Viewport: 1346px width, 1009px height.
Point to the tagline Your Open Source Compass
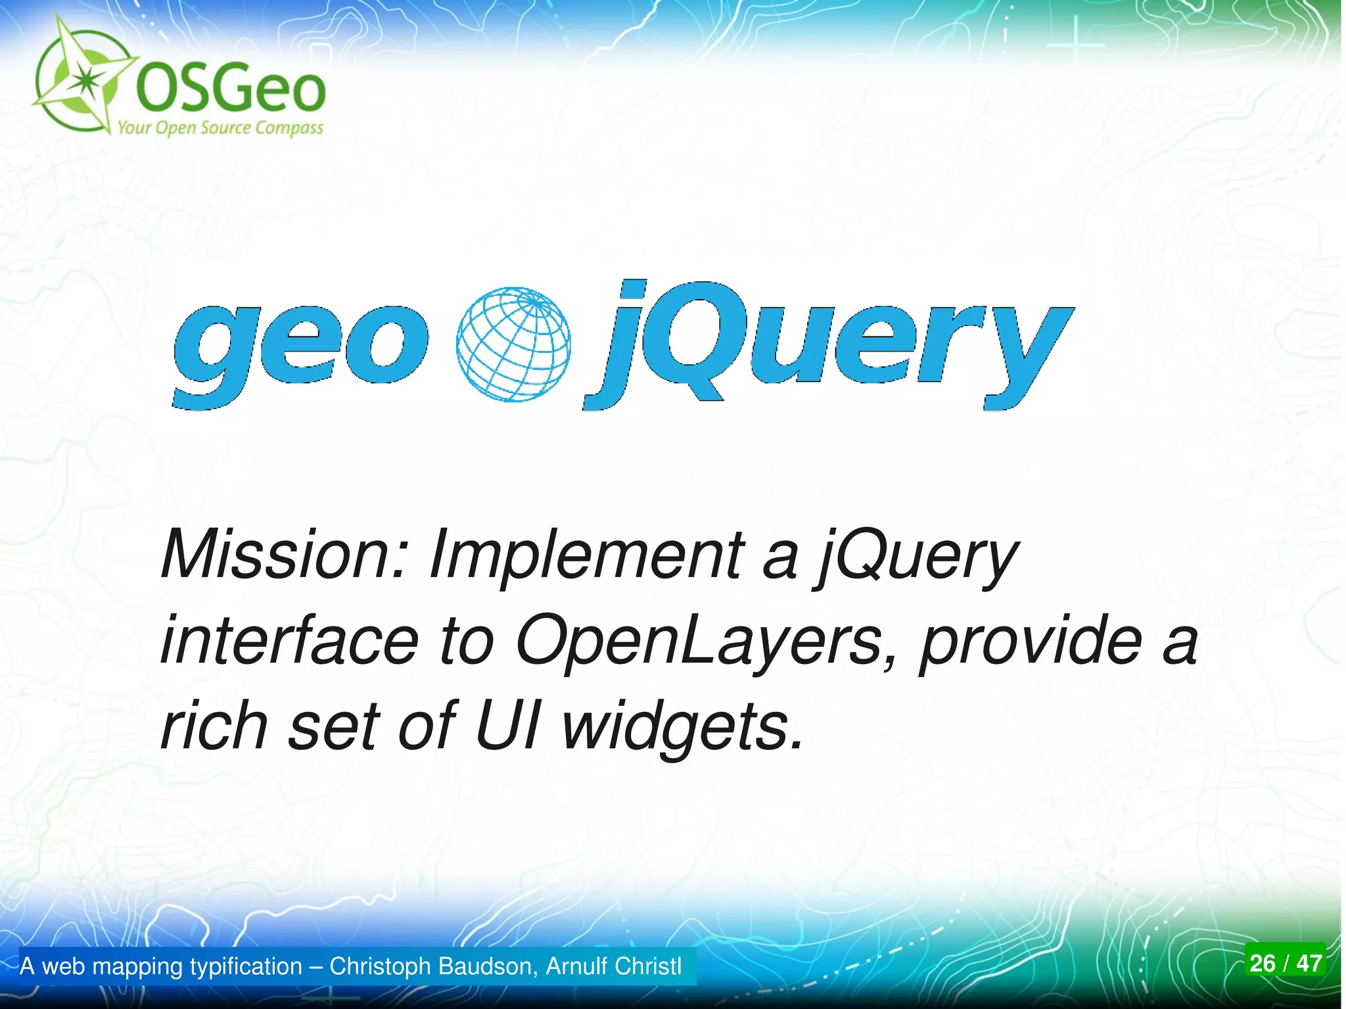(x=220, y=128)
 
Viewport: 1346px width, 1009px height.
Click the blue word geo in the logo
(x=299, y=348)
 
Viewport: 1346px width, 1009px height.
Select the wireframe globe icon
(x=513, y=344)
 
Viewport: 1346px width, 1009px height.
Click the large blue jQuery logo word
(x=828, y=345)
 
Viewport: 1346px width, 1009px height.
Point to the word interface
(x=289, y=640)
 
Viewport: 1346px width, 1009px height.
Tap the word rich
(x=214, y=726)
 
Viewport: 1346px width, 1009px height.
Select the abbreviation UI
(x=507, y=726)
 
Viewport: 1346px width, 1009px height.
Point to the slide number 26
(x=1263, y=963)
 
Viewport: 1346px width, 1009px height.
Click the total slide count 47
(x=1309, y=963)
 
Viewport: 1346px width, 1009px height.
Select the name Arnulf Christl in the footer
(x=614, y=966)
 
